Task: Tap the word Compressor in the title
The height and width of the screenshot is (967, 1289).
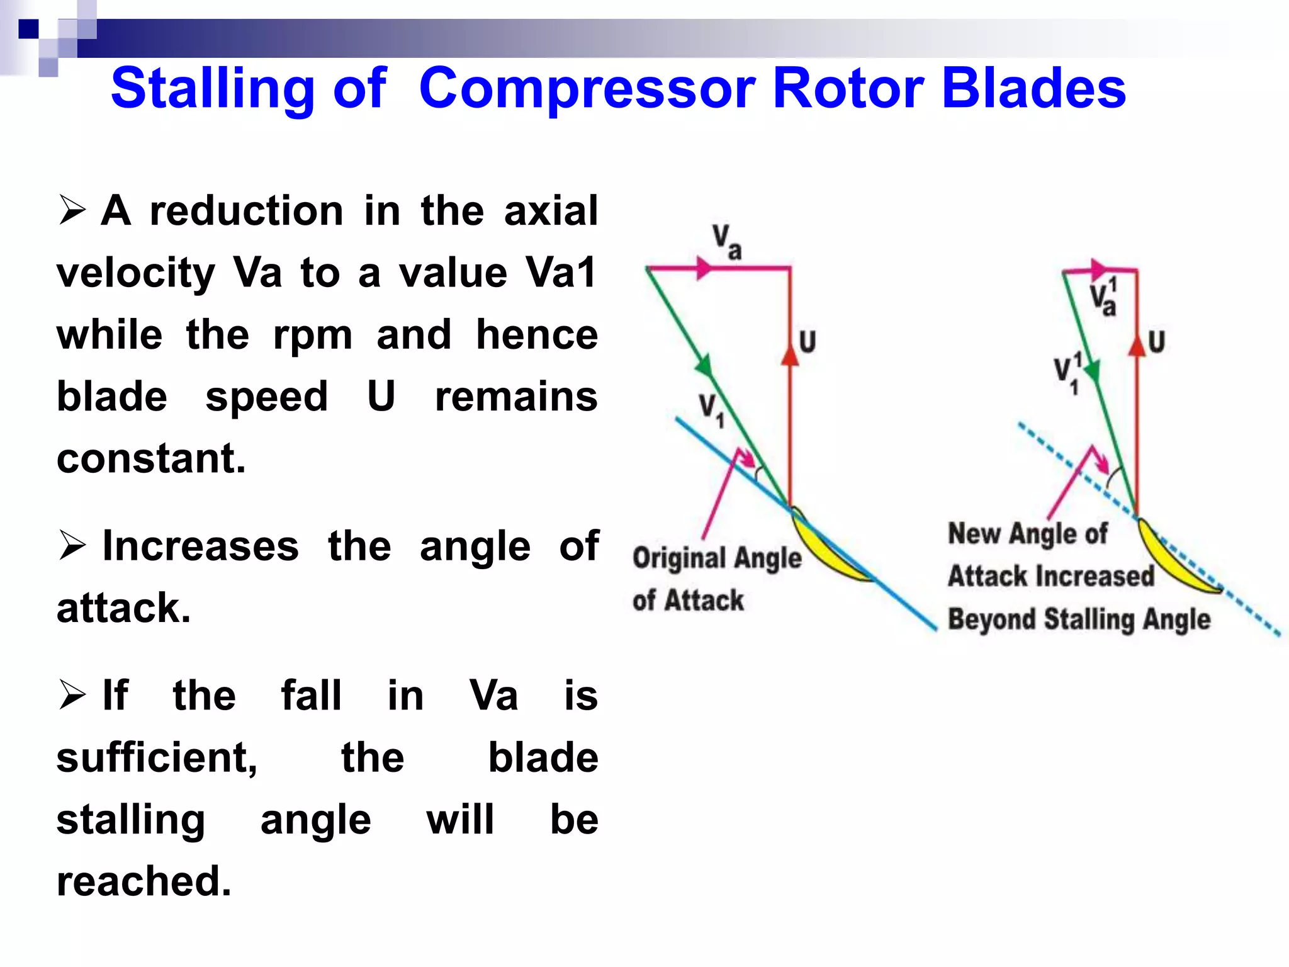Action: pyautogui.click(x=587, y=88)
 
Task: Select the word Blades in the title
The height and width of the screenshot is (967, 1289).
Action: pyautogui.click(x=1033, y=88)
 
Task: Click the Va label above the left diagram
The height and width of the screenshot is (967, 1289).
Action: pyautogui.click(x=727, y=242)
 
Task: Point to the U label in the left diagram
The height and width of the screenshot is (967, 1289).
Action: pyautogui.click(x=808, y=342)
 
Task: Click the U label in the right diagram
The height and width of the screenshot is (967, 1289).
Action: pyautogui.click(x=1157, y=342)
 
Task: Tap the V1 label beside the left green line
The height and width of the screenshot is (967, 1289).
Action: pyautogui.click(x=712, y=409)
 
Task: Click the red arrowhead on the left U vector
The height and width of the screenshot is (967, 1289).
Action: pyautogui.click(x=790, y=355)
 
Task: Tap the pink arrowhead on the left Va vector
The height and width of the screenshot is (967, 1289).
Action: pyautogui.click(x=703, y=268)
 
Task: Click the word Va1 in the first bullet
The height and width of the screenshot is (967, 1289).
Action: pyautogui.click(x=560, y=273)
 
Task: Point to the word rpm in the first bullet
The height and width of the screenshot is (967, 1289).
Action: pyautogui.click(x=313, y=334)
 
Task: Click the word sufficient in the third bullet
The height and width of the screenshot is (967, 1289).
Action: pyautogui.click(x=157, y=757)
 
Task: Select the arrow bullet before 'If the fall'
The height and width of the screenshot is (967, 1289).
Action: pyautogui.click(x=72, y=695)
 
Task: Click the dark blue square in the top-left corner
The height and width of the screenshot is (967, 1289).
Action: pyautogui.click(x=28, y=29)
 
